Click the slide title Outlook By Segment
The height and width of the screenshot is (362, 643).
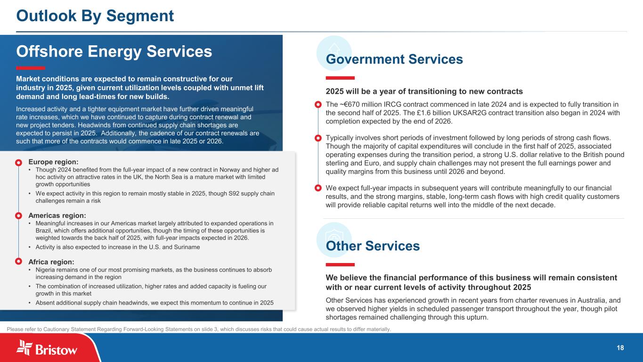(95, 16)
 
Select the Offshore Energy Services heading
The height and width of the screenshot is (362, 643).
(114, 51)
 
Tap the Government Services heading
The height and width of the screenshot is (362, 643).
(394, 59)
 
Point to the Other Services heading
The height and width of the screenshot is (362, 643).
(373, 246)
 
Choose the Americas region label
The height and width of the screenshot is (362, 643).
(57, 215)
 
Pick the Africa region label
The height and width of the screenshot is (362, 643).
(51, 262)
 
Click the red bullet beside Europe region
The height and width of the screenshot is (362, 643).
(19, 163)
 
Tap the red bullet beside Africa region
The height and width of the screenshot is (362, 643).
(19, 261)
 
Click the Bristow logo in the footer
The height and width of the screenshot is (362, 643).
(47, 349)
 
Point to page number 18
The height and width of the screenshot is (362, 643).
(620, 348)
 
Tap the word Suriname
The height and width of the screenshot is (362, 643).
(186, 247)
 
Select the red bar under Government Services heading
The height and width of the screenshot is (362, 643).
(340, 78)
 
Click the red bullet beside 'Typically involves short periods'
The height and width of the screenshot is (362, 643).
(318, 138)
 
